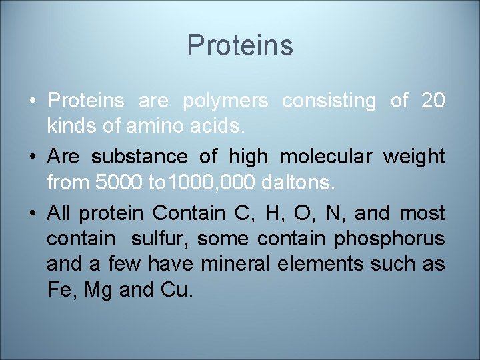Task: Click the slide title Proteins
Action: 240,45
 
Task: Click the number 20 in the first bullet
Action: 433,101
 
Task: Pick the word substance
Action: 138,157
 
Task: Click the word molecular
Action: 325,157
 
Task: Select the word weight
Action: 413,157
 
